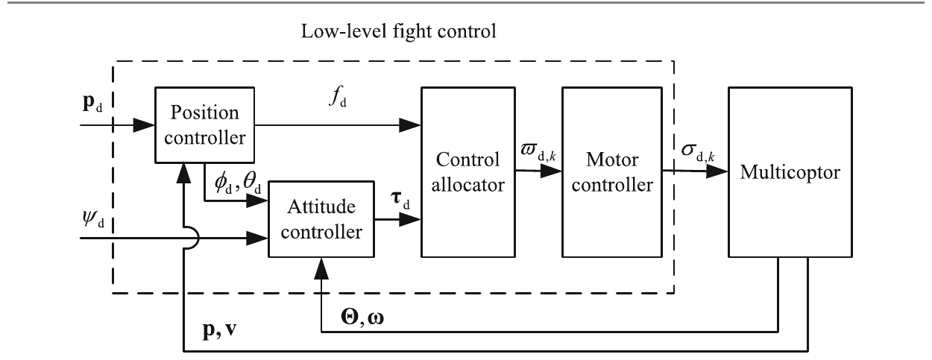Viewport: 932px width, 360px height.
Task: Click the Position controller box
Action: [x=205, y=124]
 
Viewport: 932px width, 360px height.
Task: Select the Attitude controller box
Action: [x=321, y=219]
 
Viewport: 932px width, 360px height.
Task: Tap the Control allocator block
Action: [x=468, y=172]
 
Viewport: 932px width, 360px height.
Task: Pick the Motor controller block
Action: [x=612, y=172]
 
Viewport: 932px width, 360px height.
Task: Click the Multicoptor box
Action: [x=790, y=172]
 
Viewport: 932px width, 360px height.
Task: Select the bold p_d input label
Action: [x=92, y=103]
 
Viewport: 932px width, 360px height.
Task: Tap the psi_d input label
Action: [x=93, y=218]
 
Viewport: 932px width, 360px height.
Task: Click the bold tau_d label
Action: [x=400, y=200]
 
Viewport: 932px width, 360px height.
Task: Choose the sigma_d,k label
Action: [x=698, y=152]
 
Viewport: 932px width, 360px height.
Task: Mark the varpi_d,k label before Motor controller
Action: [x=538, y=152]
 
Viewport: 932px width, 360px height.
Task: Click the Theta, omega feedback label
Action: [x=362, y=318]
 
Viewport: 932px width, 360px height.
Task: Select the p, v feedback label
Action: [x=220, y=329]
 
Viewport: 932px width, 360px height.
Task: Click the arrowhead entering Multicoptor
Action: [x=717, y=171]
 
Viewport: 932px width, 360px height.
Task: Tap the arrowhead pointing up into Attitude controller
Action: [x=321, y=268]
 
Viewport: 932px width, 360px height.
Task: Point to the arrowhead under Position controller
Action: [x=183, y=173]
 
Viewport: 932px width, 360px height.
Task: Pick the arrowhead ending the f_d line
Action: [x=410, y=124]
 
